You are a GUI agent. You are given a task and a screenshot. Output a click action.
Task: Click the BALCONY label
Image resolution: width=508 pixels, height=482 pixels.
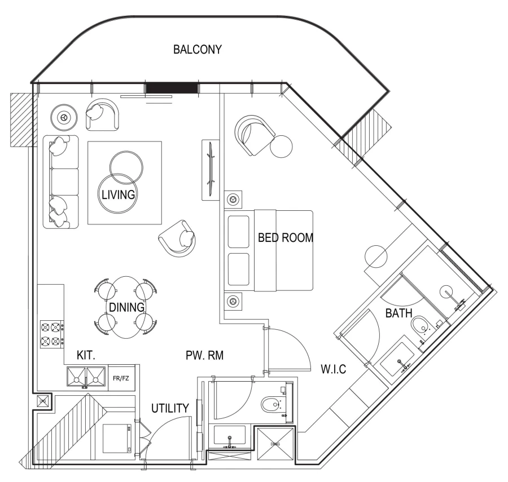(x=197, y=49)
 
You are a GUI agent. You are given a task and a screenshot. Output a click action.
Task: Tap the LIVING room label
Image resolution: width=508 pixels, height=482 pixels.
(x=118, y=196)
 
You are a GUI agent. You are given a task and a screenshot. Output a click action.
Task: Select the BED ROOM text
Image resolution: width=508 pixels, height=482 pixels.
(x=285, y=237)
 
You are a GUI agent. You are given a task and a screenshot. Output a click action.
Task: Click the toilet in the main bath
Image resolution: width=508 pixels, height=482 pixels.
(x=421, y=325)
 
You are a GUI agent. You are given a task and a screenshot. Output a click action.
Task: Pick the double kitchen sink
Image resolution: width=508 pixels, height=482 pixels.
(x=85, y=378)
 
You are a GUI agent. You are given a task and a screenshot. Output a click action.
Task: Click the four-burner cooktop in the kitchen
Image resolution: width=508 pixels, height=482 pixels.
(x=51, y=334)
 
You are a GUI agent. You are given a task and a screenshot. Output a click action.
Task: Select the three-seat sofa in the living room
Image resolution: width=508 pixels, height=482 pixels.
(x=60, y=181)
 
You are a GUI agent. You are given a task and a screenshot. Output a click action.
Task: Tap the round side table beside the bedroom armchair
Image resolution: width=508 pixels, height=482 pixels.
(x=281, y=148)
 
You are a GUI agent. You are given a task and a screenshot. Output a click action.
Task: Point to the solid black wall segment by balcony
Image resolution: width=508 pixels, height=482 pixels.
(x=172, y=88)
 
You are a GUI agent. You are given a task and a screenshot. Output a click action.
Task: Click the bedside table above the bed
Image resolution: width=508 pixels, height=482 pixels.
(x=233, y=200)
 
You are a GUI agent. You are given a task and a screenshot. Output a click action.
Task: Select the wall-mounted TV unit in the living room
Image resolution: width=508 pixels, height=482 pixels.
(x=209, y=169)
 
